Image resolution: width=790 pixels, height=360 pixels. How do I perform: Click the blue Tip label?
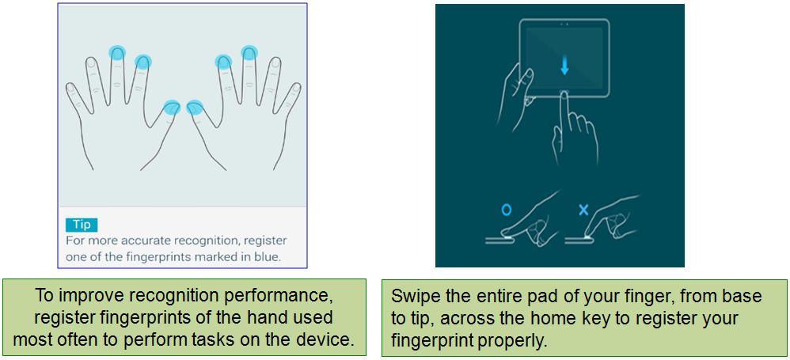coord(81,225)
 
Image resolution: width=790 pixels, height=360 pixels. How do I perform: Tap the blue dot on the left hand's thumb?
coord(173,108)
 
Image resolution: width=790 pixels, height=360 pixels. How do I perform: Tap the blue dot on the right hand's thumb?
coord(195,108)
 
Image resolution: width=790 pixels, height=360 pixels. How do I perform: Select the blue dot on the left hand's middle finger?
coord(117,52)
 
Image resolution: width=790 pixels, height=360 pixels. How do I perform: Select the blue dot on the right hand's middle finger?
coord(249,52)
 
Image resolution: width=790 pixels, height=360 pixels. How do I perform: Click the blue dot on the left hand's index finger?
coord(143,62)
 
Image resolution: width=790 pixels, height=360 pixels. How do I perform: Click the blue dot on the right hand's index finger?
coord(223,62)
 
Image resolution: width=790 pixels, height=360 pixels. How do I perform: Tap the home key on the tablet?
coord(564,93)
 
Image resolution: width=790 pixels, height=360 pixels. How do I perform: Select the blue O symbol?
coord(506,210)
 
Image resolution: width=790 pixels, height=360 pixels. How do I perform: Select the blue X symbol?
coord(583,210)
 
